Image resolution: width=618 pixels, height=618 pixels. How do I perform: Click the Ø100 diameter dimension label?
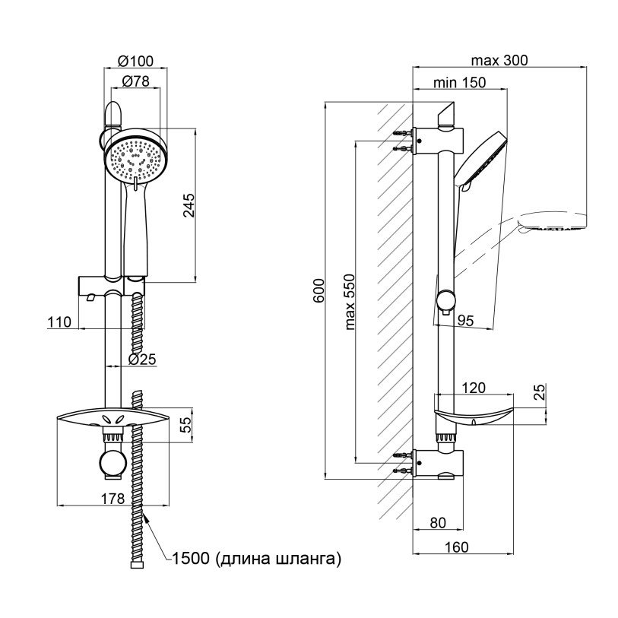135,62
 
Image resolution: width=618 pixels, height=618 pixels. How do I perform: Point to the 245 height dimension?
190,206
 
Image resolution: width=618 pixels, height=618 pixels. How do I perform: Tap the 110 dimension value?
59,322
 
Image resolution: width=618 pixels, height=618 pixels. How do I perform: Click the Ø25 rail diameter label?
142,358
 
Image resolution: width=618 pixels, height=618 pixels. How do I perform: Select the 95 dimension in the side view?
465,321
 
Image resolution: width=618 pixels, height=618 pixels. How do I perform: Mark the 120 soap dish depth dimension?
474,388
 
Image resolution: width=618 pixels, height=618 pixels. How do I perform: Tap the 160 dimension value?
455,547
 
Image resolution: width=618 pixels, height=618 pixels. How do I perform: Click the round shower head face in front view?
135,158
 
